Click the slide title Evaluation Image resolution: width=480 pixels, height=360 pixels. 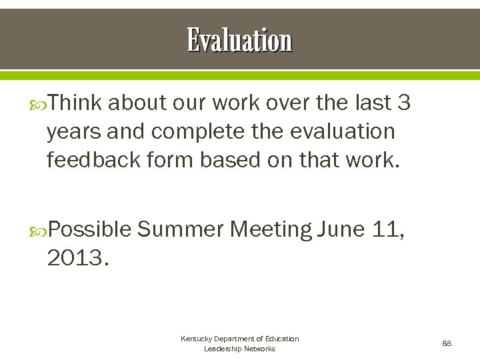point(239,40)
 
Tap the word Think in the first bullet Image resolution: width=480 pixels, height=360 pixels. point(75,103)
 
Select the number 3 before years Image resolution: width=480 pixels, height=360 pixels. point(403,103)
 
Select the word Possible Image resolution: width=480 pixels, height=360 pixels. point(90,230)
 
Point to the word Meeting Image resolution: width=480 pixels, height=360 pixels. point(271,230)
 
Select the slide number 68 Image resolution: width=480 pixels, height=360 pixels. point(447,343)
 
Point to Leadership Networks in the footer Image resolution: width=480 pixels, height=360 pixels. point(239,349)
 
